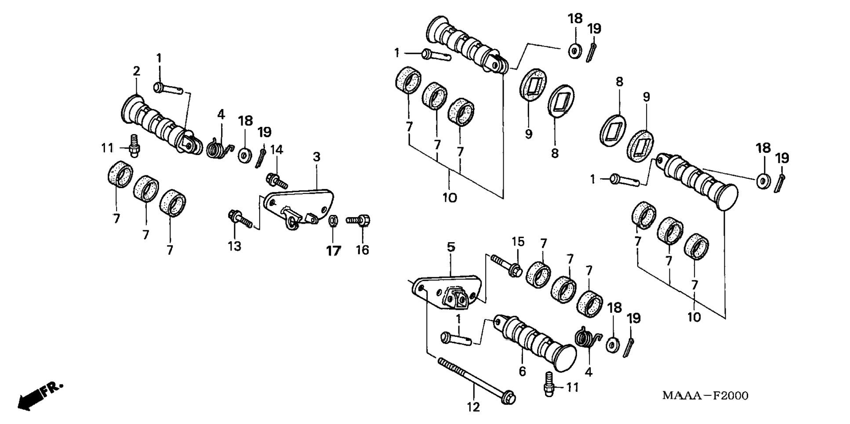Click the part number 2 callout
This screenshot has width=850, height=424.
click(x=136, y=71)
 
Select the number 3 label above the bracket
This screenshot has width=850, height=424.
click(x=316, y=157)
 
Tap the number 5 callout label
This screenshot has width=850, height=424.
click(x=451, y=247)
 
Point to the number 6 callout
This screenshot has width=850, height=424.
click(x=522, y=371)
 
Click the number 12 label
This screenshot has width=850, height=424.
click(x=473, y=407)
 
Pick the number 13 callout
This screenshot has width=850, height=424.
click(x=235, y=246)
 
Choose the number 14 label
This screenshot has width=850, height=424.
click(x=276, y=150)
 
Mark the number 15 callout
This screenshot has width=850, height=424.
click(x=518, y=242)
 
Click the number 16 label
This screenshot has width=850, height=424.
click(x=363, y=250)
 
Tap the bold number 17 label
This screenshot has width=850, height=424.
click(x=334, y=251)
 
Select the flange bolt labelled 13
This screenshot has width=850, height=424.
click(x=240, y=219)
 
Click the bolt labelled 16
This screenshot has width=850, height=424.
click(x=358, y=220)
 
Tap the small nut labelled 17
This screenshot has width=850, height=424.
click(x=333, y=219)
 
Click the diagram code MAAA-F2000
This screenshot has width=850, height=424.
click(x=705, y=395)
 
